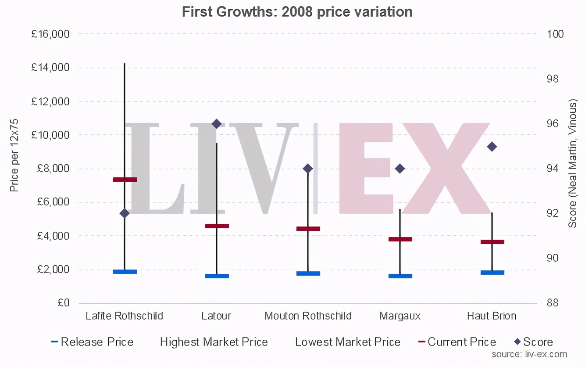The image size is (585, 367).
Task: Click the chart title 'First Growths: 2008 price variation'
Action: click(297, 12)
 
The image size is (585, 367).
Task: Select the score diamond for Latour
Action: click(216, 124)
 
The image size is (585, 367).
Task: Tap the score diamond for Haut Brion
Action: click(492, 147)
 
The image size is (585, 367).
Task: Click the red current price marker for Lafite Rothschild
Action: click(125, 179)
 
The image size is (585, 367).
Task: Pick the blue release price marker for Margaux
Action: click(400, 276)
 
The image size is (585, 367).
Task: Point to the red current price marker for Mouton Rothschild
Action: click(308, 229)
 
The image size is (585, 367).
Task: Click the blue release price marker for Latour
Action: click(217, 276)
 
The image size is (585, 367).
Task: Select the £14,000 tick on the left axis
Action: click(50, 68)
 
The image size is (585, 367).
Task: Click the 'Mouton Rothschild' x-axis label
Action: click(308, 316)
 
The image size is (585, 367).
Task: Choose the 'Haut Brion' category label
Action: click(492, 316)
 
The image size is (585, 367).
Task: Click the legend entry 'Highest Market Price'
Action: click(214, 342)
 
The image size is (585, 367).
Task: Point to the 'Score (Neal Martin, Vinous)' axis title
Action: click(572, 164)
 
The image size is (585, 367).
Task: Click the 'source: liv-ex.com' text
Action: click(529, 354)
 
